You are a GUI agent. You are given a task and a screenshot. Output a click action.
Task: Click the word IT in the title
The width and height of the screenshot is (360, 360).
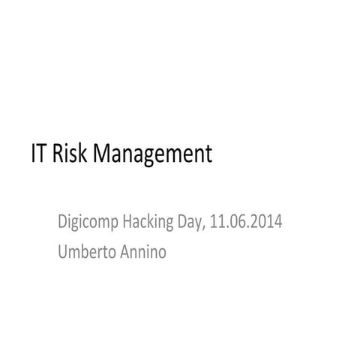tap(39, 154)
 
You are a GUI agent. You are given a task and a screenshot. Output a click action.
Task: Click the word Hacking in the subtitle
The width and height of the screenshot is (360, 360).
tap(151, 223)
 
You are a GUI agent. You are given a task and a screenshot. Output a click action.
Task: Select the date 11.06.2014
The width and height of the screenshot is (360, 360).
tap(247, 222)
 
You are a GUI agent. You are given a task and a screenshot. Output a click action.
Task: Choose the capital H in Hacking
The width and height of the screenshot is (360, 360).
tap(130, 222)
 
